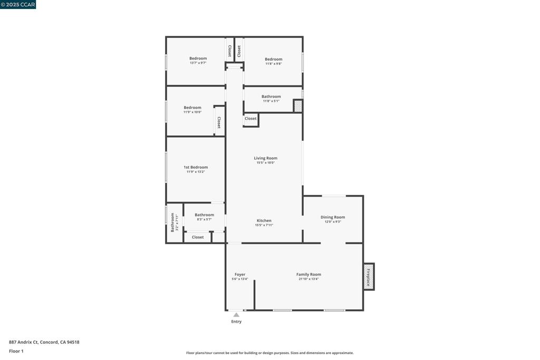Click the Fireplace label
point(368,277)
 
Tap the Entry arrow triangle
point(236,315)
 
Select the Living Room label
point(266,158)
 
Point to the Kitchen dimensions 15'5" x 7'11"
point(264,225)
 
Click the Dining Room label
point(333,217)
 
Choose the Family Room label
point(308,274)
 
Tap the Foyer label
point(240,275)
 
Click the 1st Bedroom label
point(196,167)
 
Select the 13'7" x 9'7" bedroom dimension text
point(198,63)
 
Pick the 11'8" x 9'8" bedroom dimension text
point(274,64)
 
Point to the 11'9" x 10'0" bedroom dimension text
point(192,112)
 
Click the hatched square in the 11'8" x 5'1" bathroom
point(298,105)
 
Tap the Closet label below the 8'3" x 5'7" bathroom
point(198,237)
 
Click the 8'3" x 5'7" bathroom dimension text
point(204,219)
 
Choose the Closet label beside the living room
point(250,119)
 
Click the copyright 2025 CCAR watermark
point(18,4)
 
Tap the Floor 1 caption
point(16,351)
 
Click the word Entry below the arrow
point(236,322)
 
